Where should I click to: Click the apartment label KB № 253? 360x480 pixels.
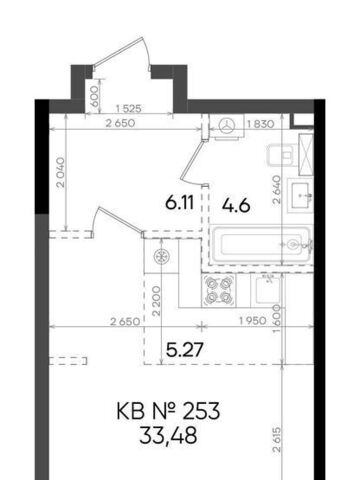pos(168,411)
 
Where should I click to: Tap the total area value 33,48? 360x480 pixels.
pos(168,435)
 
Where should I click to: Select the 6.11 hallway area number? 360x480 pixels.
pos(180,202)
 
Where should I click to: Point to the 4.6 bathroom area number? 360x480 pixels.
pos(236,205)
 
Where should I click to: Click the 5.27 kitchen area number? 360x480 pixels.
pos(185,350)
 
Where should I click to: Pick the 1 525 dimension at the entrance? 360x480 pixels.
pos(128,108)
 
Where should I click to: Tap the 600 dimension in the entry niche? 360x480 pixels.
pos(95,96)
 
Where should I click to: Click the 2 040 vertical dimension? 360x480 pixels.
pos(61,172)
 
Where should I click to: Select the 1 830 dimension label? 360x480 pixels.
pos(261,124)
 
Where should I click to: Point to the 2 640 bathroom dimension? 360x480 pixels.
pos(277,190)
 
